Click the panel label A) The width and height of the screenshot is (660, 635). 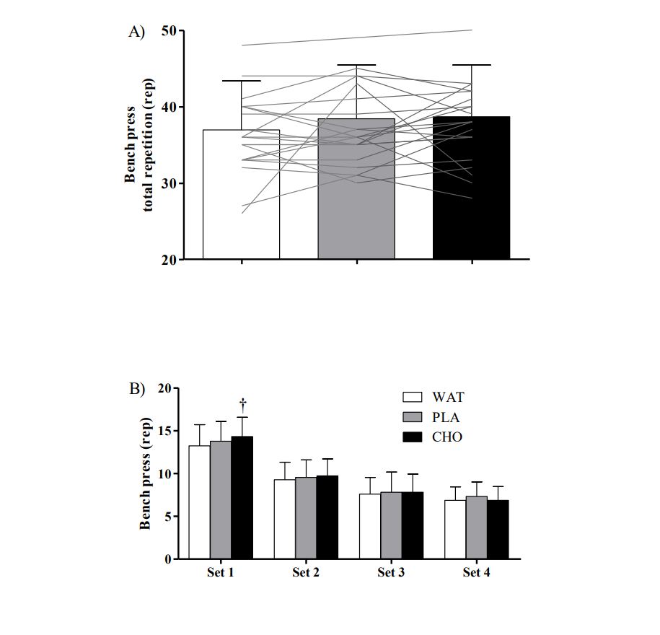click(136, 32)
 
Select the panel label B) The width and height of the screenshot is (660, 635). click(137, 388)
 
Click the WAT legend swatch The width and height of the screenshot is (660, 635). click(412, 397)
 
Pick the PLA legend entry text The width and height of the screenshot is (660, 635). click(448, 417)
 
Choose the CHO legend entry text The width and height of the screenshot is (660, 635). click(448, 437)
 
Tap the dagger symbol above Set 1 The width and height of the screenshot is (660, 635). click(243, 403)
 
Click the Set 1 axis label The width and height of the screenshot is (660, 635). click(220, 574)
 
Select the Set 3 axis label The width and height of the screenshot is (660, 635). click(391, 574)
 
